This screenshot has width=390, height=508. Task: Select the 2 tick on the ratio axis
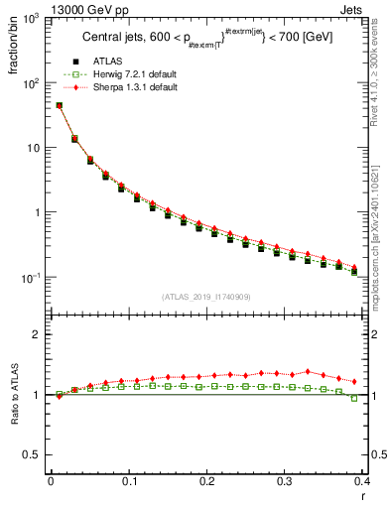40,334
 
